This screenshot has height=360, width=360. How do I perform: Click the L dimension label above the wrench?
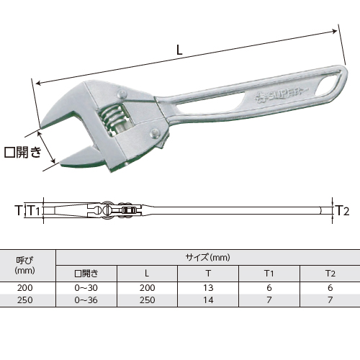coord(179,50)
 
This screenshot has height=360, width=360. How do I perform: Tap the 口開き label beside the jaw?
coord(23,152)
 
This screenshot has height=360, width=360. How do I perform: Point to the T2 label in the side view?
coord(342,211)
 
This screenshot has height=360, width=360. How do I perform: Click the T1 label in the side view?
coord(34,210)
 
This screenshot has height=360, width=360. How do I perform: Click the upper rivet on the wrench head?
coord(122,94)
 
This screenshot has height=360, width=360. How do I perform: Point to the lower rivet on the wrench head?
coord(155,133)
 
